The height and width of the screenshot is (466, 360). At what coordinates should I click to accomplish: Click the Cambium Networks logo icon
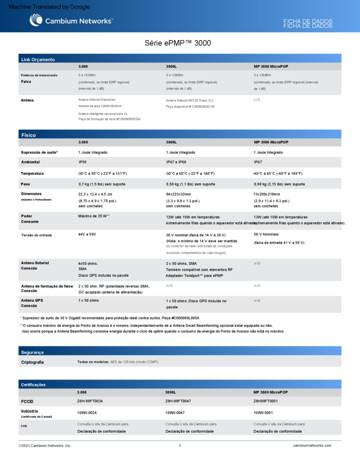tap(36, 20)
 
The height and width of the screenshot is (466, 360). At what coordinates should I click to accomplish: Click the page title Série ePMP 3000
tap(177, 43)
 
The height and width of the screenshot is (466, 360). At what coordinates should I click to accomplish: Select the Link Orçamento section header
tap(38, 59)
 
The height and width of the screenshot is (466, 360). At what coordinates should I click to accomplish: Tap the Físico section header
tap(28, 135)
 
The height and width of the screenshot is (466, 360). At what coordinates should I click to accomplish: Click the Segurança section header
tap(32, 352)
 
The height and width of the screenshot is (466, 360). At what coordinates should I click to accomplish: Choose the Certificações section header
tap(33, 385)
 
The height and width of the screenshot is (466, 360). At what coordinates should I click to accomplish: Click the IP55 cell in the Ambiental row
tap(83, 162)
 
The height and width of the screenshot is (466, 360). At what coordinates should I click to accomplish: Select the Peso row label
tap(25, 184)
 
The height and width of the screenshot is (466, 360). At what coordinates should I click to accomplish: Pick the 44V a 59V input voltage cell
tap(87, 234)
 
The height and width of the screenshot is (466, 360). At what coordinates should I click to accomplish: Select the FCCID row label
tap(27, 402)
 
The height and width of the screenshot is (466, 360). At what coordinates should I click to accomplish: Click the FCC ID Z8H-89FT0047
tap(178, 401)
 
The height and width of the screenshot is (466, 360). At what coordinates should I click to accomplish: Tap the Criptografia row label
tap(32, 362)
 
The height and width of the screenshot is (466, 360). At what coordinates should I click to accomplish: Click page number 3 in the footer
tap(180, 446)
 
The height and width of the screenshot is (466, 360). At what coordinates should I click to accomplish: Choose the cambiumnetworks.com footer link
tap(312, 446)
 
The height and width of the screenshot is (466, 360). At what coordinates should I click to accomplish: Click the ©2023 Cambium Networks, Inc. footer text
tap(45, 446)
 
